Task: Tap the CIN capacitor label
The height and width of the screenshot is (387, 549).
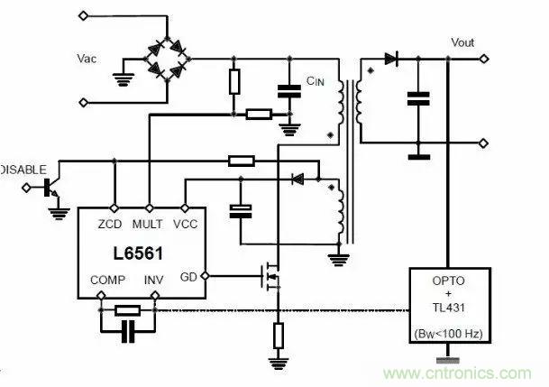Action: [315, 81]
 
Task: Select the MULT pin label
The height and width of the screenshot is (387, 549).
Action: [148, 222]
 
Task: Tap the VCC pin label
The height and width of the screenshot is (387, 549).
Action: [184, 222]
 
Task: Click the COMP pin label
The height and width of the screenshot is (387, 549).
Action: [108, 281]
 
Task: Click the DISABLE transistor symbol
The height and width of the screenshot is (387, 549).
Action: [52, 188]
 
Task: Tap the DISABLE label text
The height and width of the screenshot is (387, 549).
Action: [18, 169]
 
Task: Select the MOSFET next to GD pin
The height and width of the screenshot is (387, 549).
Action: [271, 275]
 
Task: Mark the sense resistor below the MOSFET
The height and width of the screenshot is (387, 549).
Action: [279, 336]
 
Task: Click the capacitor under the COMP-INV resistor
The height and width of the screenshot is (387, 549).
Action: [129, 333]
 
